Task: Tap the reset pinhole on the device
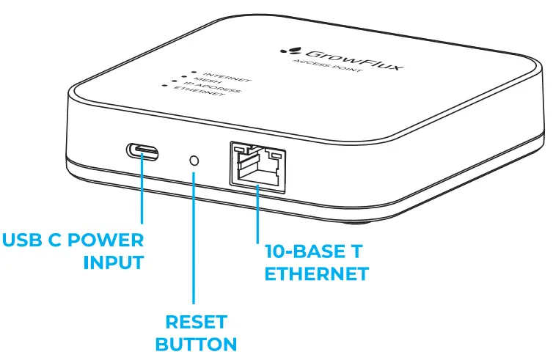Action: click(194, 159)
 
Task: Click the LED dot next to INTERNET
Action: click(192, 72)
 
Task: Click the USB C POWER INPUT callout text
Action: click(73, 251)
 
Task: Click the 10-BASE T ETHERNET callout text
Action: click(315, 262)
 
